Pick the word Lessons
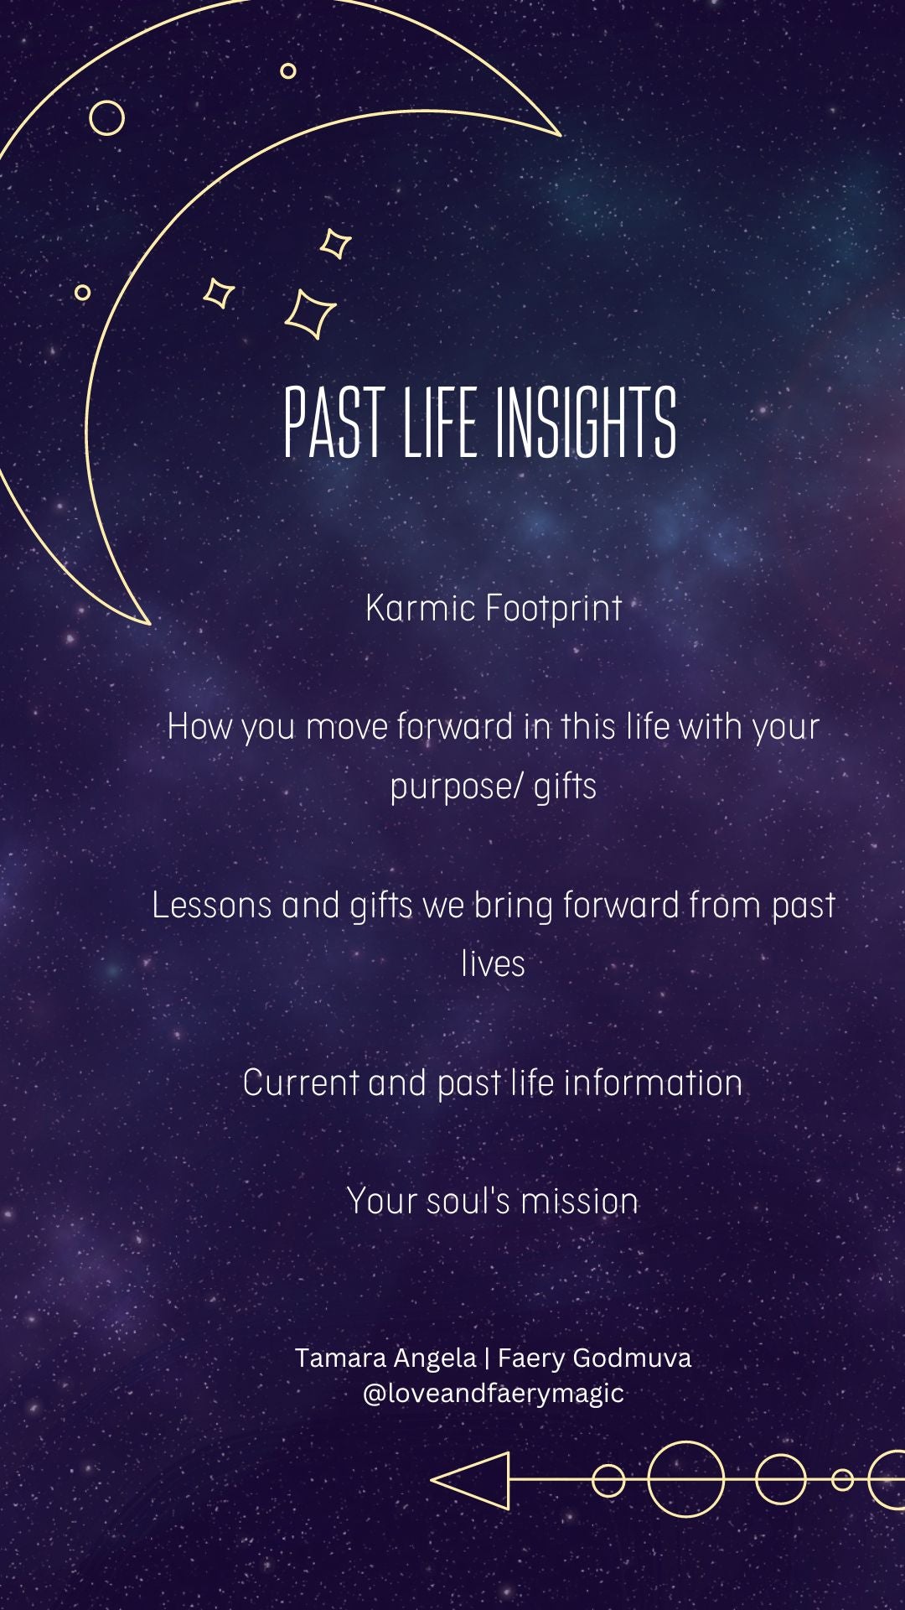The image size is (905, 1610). [x=211, y=906]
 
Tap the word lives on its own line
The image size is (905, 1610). [x=493, y=964]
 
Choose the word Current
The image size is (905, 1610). [x=301, y=1083]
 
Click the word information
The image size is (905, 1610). [x=653, y=1083]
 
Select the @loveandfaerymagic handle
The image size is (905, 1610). [x=493, y=1394]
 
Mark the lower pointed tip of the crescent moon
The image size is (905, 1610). [x=149, y=624]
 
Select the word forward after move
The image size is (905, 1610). [x=455, y=726]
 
